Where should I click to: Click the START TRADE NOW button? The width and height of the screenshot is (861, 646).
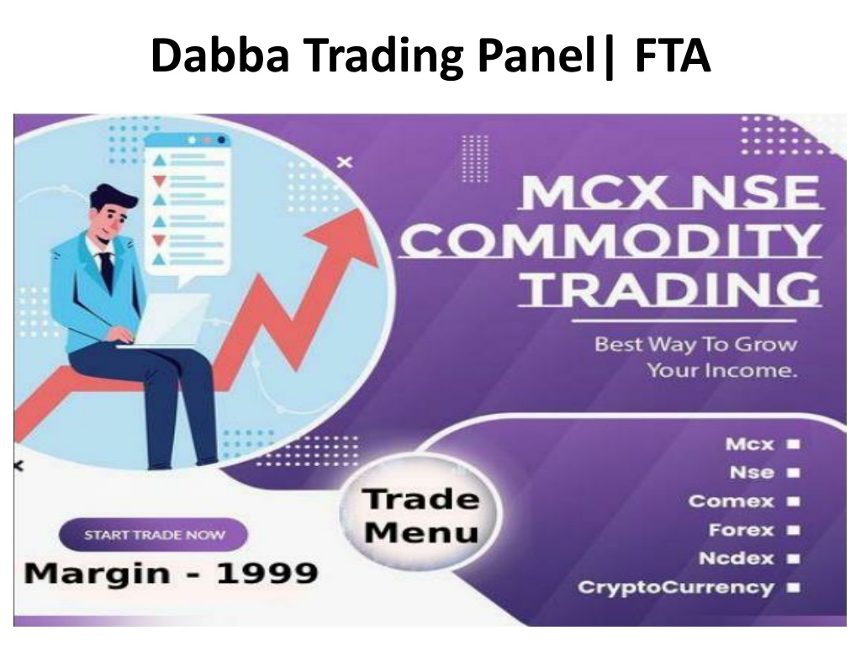click(153, 534)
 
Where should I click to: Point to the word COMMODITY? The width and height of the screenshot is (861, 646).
click(610, 240)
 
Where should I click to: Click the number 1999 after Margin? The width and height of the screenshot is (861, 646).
click(267, 574)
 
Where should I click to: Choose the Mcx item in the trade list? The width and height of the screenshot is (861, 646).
click(749, 444)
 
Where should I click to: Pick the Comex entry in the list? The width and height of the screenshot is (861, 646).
click(731, 501)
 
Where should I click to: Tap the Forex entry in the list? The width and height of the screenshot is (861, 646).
click(742, 530)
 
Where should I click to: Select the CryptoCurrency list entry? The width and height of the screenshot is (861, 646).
click(676, 587)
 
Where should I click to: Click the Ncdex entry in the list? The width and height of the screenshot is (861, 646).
click(737, 559)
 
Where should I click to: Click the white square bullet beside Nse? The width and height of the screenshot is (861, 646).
click(794, 473)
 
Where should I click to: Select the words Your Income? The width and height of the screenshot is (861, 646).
click(722, 370)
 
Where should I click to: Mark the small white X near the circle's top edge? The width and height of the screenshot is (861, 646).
click(345, 162)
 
